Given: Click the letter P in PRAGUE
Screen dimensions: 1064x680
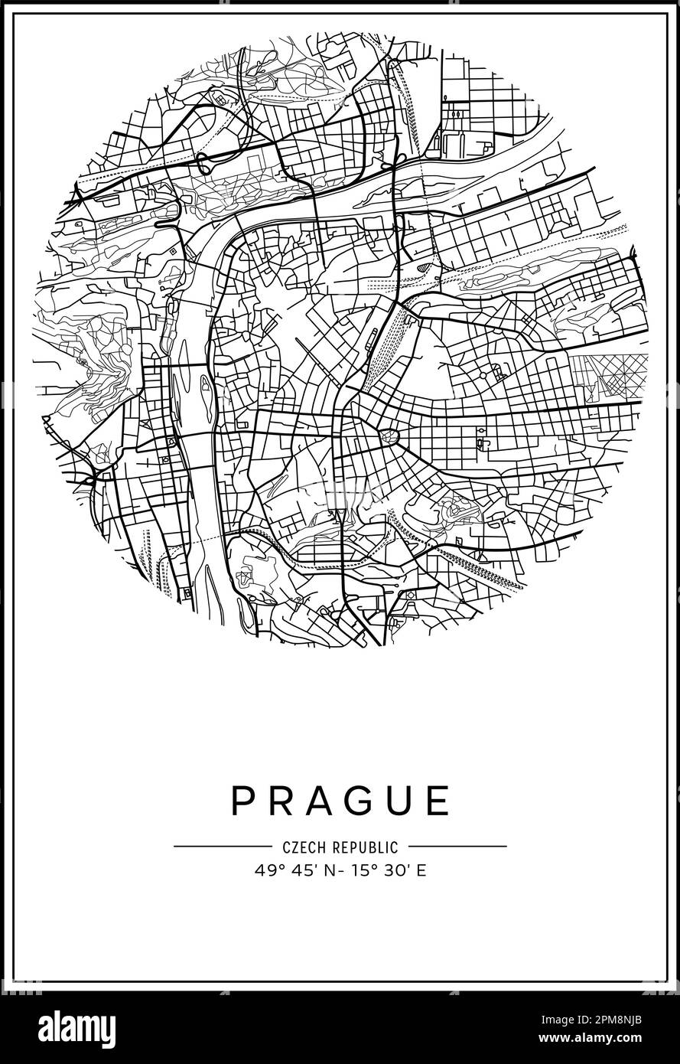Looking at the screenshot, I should point(242,801).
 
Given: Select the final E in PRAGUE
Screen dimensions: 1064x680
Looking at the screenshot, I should point(438,801).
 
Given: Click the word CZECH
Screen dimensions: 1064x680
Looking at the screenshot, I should point(304,847).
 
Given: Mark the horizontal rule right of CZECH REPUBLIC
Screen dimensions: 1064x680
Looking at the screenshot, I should point(457,847).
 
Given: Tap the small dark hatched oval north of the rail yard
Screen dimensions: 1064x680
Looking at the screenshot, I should point(426,267).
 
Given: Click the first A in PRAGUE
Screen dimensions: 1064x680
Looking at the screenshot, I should point(316,801).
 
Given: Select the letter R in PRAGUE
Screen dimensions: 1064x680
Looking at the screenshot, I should point(278,801).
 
